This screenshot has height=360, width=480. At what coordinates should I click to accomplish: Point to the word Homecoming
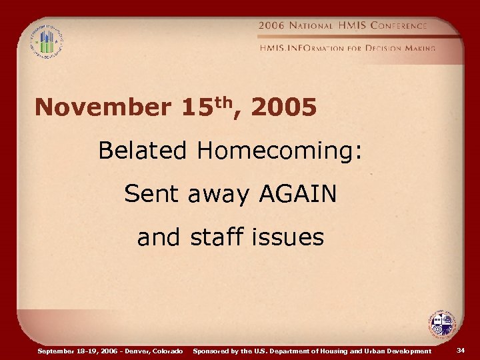tap(279, 152)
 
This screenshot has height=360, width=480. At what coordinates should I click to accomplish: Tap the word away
tap(217, 195)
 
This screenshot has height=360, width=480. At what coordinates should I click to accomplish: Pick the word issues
tap(291, 237)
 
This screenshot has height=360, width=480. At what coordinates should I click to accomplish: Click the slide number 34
tap(461, 350)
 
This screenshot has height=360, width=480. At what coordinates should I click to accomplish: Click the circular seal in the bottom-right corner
tap(441, 325)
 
